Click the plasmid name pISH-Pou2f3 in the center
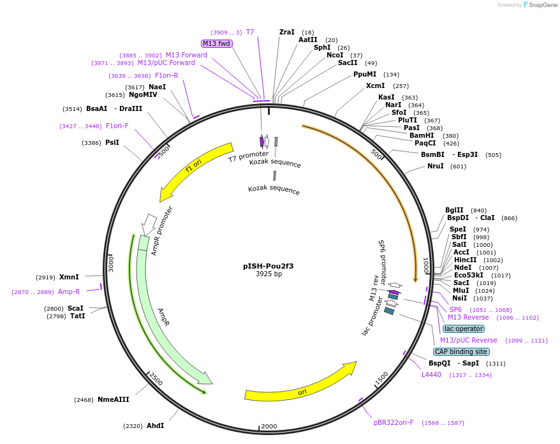269,266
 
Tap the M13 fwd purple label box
217,43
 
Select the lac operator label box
464,329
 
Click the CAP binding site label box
461,352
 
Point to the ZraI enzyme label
287,32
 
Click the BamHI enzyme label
422,135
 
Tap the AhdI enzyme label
156,426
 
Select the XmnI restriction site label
69,277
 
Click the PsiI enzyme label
112,142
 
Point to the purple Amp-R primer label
69,292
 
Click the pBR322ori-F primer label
394,422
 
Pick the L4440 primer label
431,374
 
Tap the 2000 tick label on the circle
269,426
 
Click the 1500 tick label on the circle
381,380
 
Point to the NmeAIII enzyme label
113,400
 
